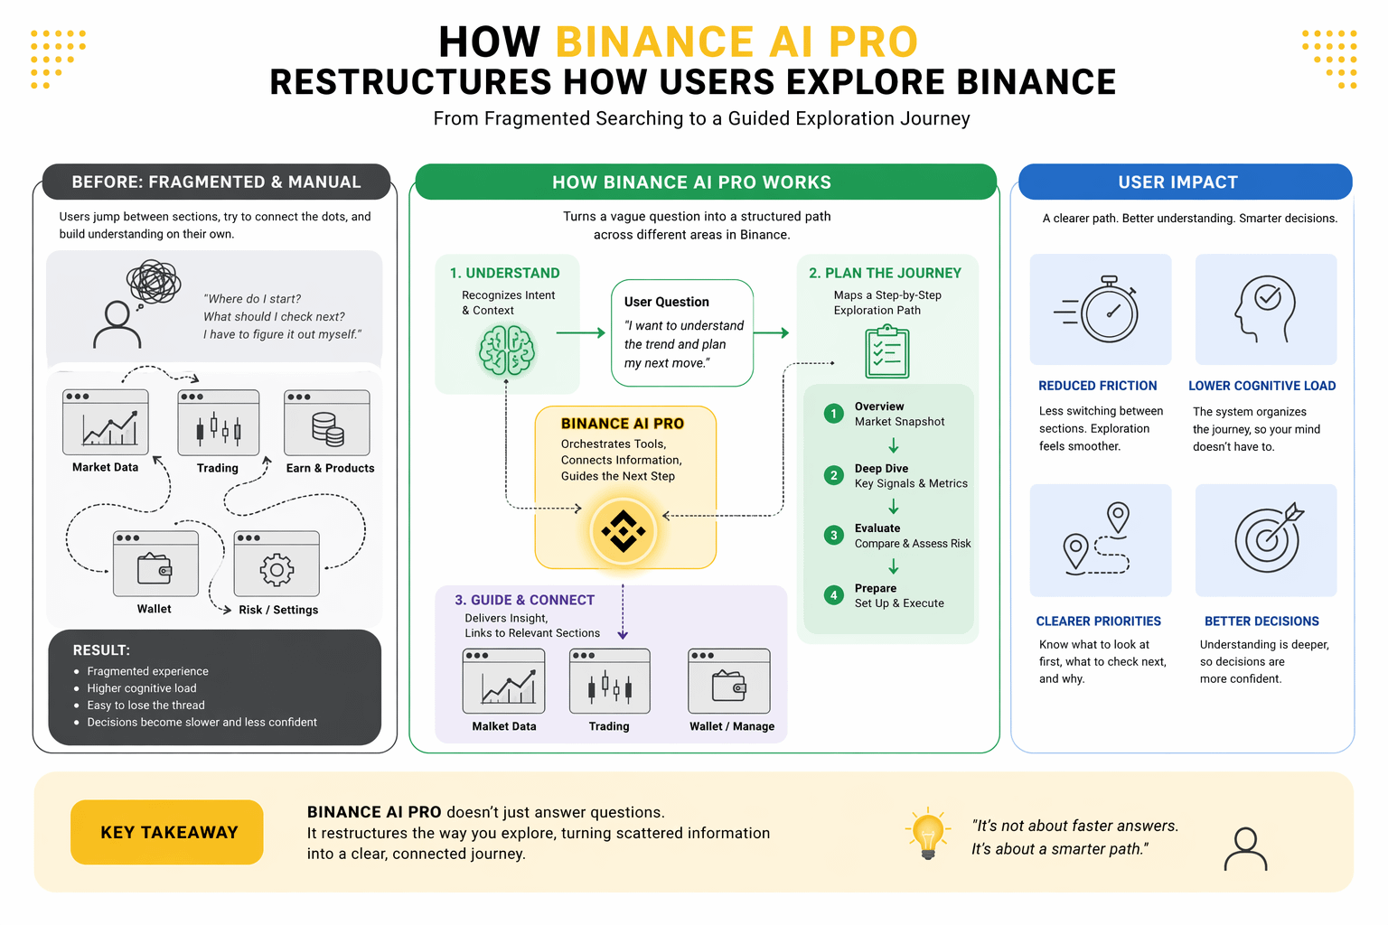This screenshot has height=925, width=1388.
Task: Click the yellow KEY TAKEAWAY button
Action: pos(167,832)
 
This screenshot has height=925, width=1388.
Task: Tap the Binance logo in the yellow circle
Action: pos(623,531)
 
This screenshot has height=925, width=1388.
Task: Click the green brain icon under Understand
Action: pos(507,350)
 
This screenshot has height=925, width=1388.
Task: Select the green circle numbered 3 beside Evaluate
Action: pos(833,536)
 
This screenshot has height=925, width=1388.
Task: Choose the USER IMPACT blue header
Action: pos(1185,182)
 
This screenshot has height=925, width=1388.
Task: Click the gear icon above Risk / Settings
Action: pos(277,569)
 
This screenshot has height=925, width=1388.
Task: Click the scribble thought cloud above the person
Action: pos(154,282)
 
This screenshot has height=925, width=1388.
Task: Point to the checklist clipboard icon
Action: pos(887,352)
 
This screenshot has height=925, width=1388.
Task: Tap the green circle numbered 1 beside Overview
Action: pos(833,414)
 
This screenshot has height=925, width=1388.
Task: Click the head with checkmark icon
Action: pos(1265,307)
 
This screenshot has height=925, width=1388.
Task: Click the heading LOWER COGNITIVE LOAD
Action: pos(1261,386)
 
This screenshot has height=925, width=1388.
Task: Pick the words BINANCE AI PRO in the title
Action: pos(736,42)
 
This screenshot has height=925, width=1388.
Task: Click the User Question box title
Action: pos(667,302)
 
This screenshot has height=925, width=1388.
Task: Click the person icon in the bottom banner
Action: pos(1245,849)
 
